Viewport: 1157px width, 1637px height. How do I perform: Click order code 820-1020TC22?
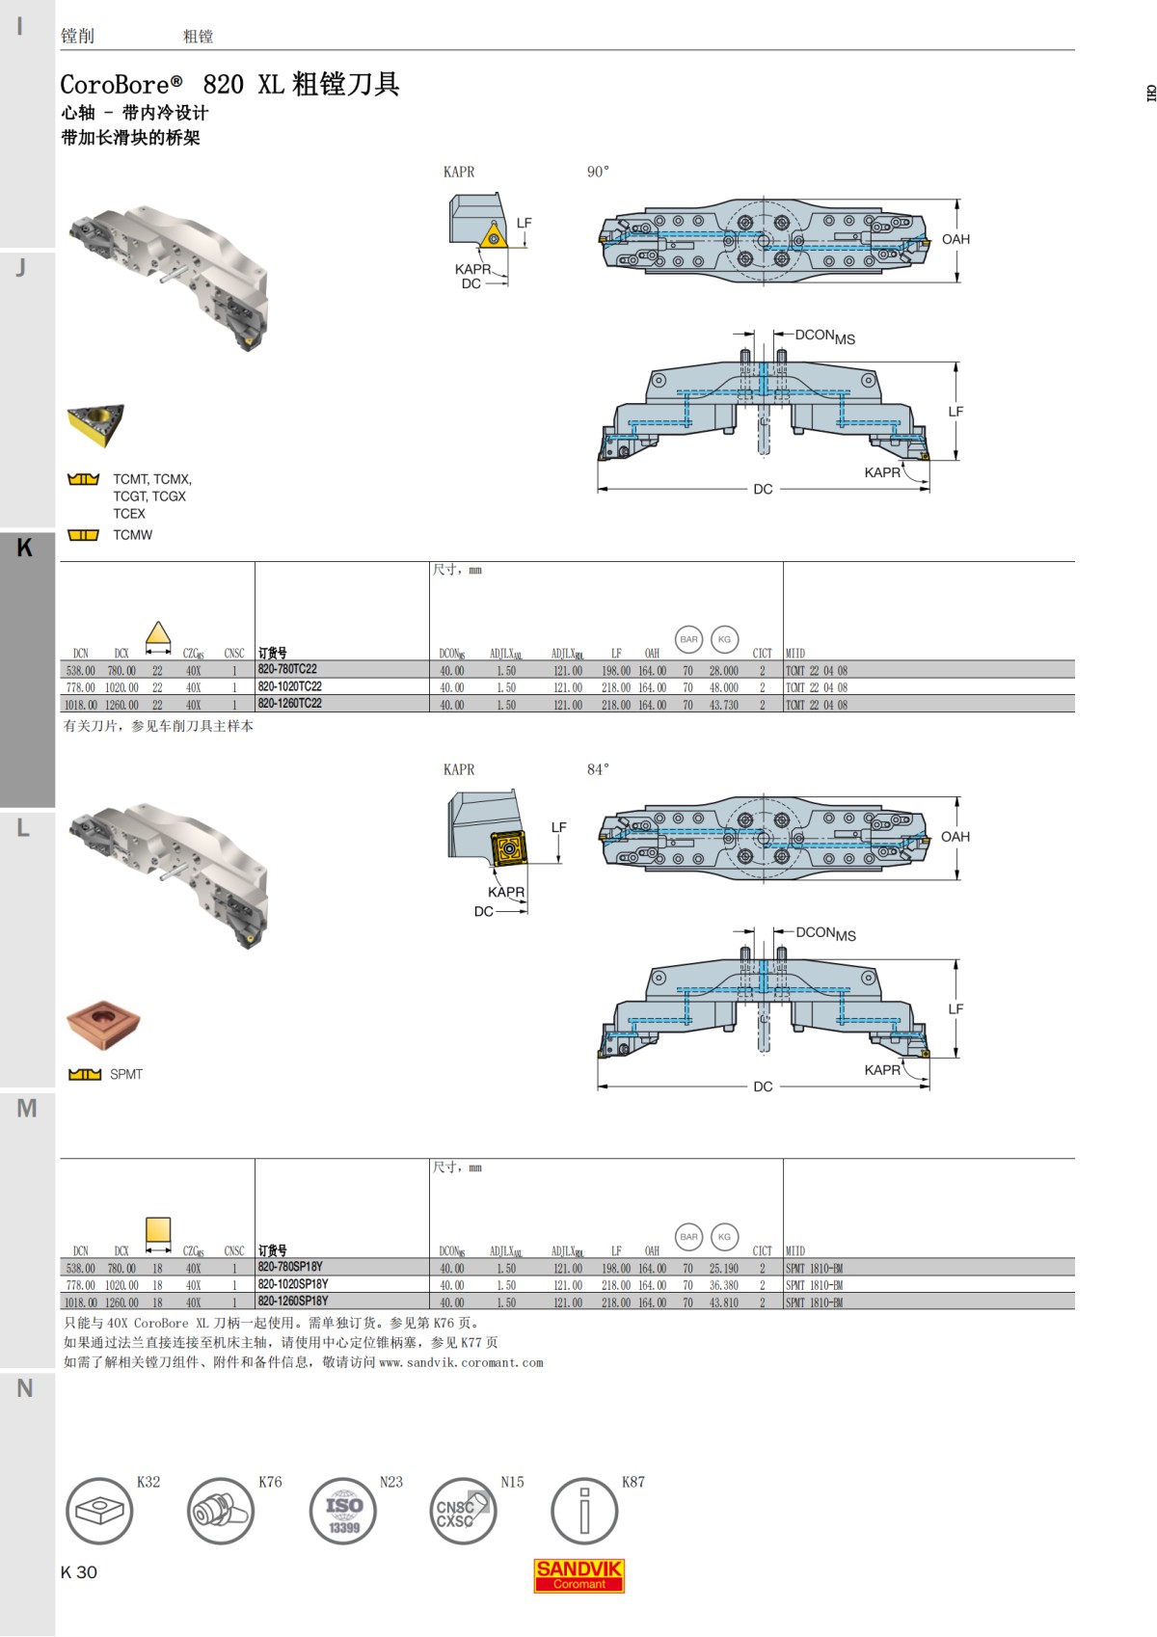[289, 686]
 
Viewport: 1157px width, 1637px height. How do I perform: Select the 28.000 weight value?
[723, 671]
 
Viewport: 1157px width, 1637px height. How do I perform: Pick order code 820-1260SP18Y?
[293, 1301]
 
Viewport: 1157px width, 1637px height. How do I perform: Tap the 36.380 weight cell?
[723, 1285]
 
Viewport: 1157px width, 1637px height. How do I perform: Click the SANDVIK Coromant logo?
[579, 1575]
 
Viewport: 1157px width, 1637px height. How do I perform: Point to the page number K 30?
[79, 1572]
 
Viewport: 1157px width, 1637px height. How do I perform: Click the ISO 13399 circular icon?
[343, 1511]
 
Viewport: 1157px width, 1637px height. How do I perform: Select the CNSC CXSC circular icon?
[462, 1511]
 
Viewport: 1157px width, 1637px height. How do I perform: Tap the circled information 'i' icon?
[583, 1511]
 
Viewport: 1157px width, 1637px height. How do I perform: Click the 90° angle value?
[598, 172]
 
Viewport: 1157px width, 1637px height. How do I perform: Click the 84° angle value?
[598, 769]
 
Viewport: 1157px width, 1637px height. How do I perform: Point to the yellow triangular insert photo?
[95, 424]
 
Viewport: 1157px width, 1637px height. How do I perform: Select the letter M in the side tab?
[26, 1109]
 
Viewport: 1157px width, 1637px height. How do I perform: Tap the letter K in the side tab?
[25, 548]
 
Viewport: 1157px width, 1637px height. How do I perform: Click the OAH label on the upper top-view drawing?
[955, 239]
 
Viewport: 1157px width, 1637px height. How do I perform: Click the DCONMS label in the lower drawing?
[825, 933]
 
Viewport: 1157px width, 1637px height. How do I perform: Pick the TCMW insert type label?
[132, 535]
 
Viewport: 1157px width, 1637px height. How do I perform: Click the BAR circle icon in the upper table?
[688, 639]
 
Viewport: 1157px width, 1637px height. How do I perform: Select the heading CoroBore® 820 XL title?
[229, 85]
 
